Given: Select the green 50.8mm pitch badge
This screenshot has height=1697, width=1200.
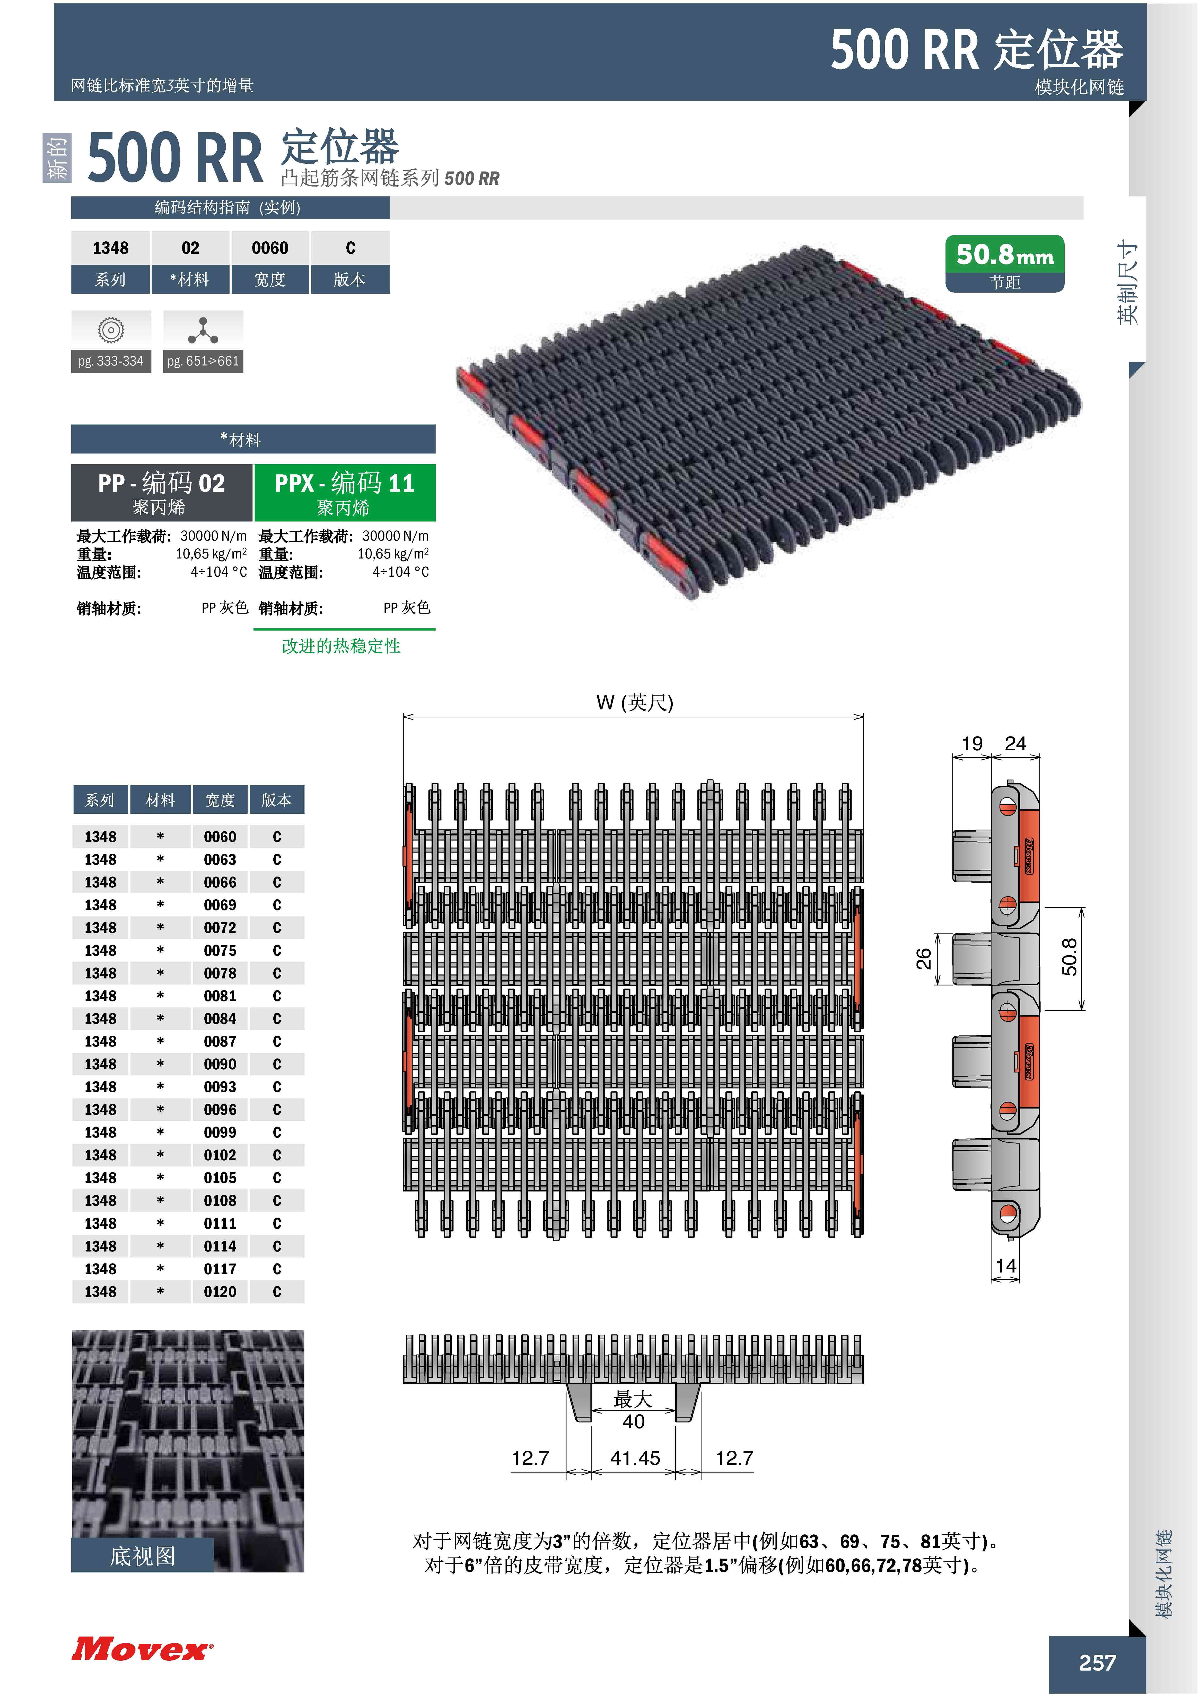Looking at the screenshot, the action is click(1005, 263).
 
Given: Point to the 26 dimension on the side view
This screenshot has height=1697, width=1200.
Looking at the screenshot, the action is click(923, 959).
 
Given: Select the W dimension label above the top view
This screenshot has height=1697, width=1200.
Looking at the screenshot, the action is click(634, 702).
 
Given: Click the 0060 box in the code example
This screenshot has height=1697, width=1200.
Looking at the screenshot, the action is click(270, 248).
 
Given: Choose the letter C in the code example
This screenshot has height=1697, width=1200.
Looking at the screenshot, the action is click(351, 248).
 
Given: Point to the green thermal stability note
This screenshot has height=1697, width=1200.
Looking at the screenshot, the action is click(341, 646).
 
